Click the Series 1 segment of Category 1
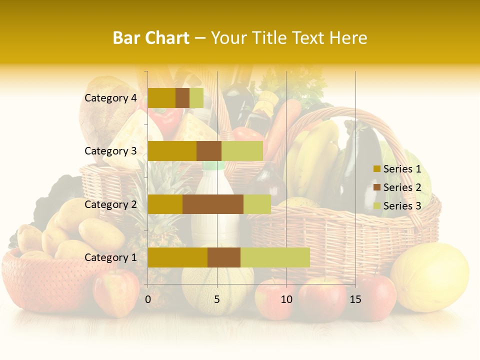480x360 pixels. click(177, 257)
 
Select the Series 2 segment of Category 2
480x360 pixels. click(213, 204)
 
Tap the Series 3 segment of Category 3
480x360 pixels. click(242, 151)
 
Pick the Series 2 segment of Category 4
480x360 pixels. click(182, 98)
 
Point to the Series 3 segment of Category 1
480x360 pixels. click(275, 257)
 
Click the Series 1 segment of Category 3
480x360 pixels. click(172, 151)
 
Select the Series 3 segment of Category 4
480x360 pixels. click(196, 98)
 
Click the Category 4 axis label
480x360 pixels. click(110, 98)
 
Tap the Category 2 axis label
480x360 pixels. click(110, 204)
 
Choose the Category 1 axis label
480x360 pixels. click(110, 257)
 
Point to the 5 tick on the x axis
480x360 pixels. click(217, 299)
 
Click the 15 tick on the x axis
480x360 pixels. click(355, 299)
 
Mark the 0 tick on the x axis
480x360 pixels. click(148, 299)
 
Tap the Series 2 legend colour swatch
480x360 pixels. click(377, 187)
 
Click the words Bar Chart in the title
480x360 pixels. click(151, 38)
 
